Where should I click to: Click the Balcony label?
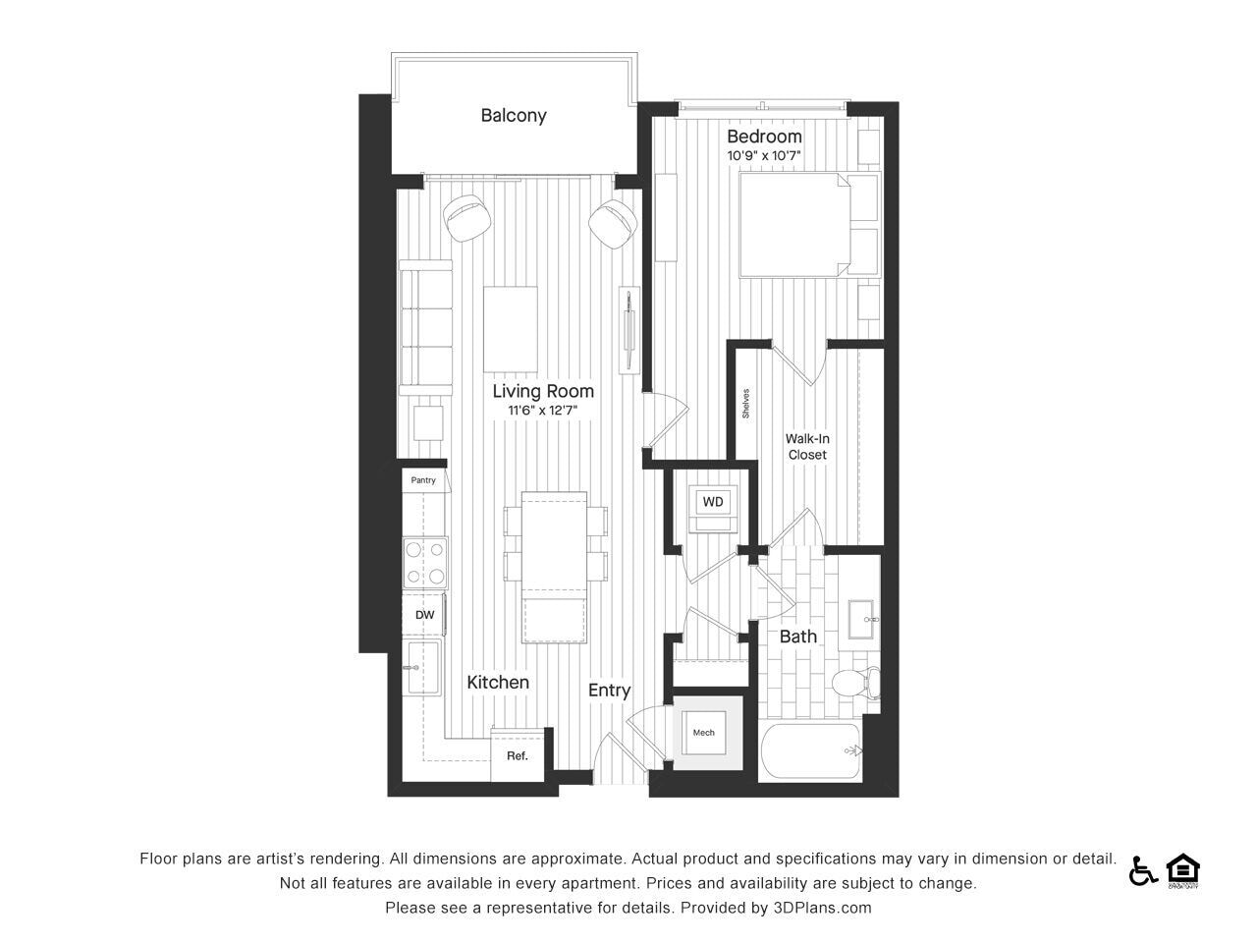click(x=513, y=116)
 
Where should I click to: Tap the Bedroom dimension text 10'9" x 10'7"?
click(x=764, y=155)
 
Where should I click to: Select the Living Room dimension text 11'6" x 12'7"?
click(x=542, y=410)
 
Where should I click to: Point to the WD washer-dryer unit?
click(x=713, y=509)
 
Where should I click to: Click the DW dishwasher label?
click(x=424, y=615)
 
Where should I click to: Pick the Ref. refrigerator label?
click(x=518, y=755)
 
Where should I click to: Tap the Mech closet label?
click(x=703, y=733)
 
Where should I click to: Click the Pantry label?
click(x=423, y=479)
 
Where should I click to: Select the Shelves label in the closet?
click(x=745, y=403)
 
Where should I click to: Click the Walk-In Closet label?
click(x=807, y=447)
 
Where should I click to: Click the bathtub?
click(x=811, y=750)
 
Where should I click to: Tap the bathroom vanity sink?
click(x=860, y=620)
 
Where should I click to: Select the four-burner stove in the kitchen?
click(x=425, y=563)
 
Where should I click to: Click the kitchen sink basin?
click(x=421, y=667)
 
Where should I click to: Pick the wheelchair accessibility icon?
click(x=1142, y=872)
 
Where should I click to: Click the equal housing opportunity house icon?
click(x=1182, y=870)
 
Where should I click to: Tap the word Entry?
click(x=609, y=691)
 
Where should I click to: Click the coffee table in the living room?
click(x=511, y=330)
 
